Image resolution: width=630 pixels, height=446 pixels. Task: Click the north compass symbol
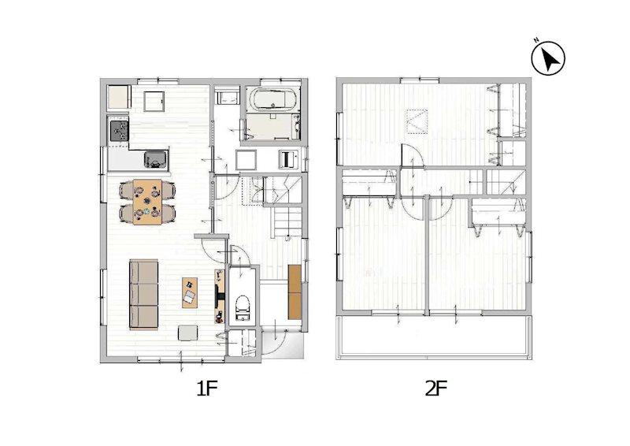tap(548, 58)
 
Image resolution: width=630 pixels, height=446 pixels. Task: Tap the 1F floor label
tap(207, 388)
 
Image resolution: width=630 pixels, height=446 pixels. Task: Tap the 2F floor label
tap(436, 388)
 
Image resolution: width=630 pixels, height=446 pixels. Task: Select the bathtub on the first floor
tap(272, 98)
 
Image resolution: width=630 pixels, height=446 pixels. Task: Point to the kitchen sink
tap(156, 159)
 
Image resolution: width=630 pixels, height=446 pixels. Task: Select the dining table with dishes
tap(147, 202)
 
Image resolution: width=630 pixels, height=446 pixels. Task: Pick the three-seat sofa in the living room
tap(143, 295)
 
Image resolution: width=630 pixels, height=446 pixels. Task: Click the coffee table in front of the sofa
tap(190, 292)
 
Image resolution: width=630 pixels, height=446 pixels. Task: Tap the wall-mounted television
tap(219, 296)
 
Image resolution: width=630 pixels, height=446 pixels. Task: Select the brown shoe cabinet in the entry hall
tap(295, 292)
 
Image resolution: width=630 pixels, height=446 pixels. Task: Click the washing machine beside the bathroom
tap(245, 160)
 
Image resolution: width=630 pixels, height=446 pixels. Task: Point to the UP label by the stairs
tap(287, 240)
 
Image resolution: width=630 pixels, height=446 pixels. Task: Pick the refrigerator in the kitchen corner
tap(119, 98)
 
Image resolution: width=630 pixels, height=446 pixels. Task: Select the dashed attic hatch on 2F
tap(417, 121)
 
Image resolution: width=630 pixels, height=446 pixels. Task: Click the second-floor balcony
tap(434, 336)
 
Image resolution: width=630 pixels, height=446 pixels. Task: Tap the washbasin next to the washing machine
tap(288, 160)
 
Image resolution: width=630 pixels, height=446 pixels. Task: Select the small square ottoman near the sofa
tap(188, 333)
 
